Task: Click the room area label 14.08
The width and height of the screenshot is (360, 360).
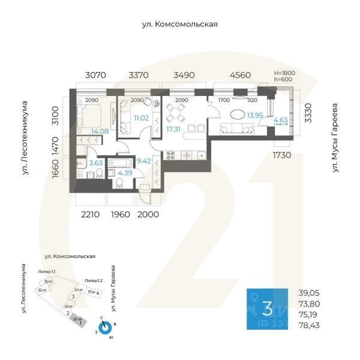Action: (x=100, y=131)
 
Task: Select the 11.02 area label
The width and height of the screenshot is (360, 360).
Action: (x=141, y=118)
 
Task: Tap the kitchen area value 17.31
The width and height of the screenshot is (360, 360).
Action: (x=175, y=129)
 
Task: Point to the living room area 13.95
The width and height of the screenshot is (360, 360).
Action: (x=256, y=115)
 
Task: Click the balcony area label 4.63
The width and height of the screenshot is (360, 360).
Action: (x=280, y=120)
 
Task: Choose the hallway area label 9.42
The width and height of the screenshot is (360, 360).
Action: (x=144, y=161)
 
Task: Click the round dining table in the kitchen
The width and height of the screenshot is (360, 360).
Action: (x=176, y=111)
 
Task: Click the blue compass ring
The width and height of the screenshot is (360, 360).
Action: (x=105, y=328)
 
